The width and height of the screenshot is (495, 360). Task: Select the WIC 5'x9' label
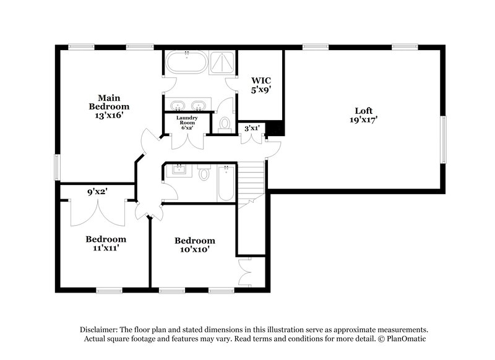pos(260,85)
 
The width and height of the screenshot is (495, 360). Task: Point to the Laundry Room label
pos(187,122)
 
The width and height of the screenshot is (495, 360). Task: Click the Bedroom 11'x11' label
pos(106,243)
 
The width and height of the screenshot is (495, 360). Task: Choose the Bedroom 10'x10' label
pos(194,244)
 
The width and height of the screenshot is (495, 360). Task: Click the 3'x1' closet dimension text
pos(252,128)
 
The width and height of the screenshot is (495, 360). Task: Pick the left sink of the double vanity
pos(177,105)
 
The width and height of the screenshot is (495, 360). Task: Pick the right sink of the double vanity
pos(199,105)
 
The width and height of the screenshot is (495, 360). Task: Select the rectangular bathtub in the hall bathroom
pos(226,183)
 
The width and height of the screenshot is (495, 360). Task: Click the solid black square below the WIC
pos(276,128)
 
